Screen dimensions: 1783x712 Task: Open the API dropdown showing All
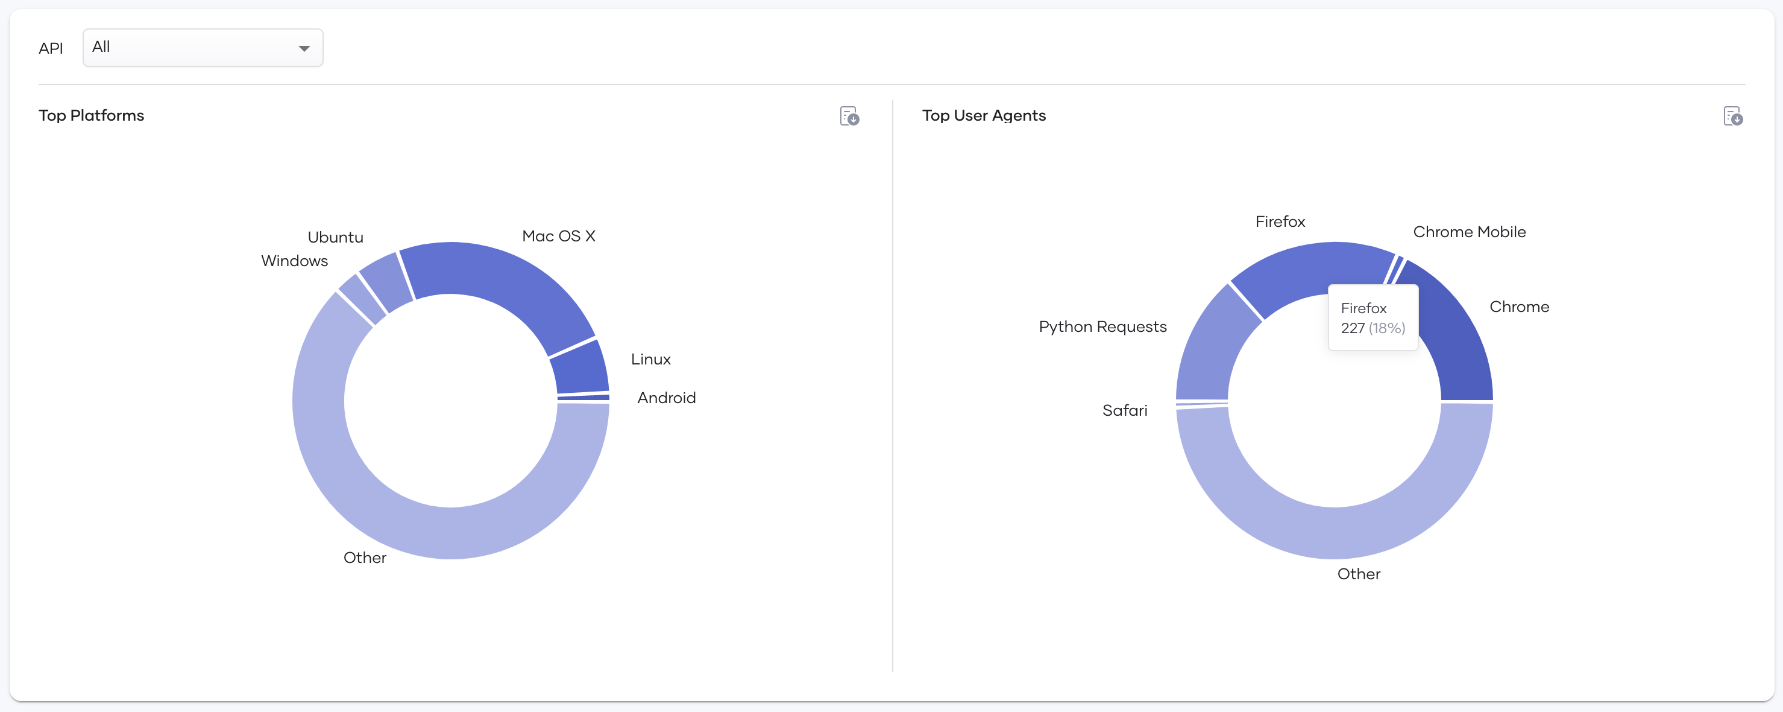click(x=203, y=48)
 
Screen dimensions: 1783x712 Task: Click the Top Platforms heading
click(x=92, y=116)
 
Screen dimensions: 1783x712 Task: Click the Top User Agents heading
click(x=984, y=116)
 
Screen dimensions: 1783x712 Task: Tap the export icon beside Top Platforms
click(x=849, y=116)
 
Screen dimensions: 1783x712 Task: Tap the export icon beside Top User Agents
click(x=1733, y=116)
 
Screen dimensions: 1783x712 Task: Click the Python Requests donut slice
click(x=1212, y=346)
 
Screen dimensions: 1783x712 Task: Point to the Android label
click(x=667, y=398)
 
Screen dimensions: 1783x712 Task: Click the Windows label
click(x=294, y=261)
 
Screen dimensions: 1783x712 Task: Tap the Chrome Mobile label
click(x=1470, y=232)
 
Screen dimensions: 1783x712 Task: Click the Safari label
click(x=1125, y=411)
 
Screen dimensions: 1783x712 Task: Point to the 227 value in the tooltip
click(x=1353, y=328)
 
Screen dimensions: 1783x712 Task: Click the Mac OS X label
click(x=559, y=236)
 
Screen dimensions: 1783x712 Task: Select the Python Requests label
click(x=1102, y=327)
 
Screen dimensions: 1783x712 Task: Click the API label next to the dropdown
click(x=51, y=48)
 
